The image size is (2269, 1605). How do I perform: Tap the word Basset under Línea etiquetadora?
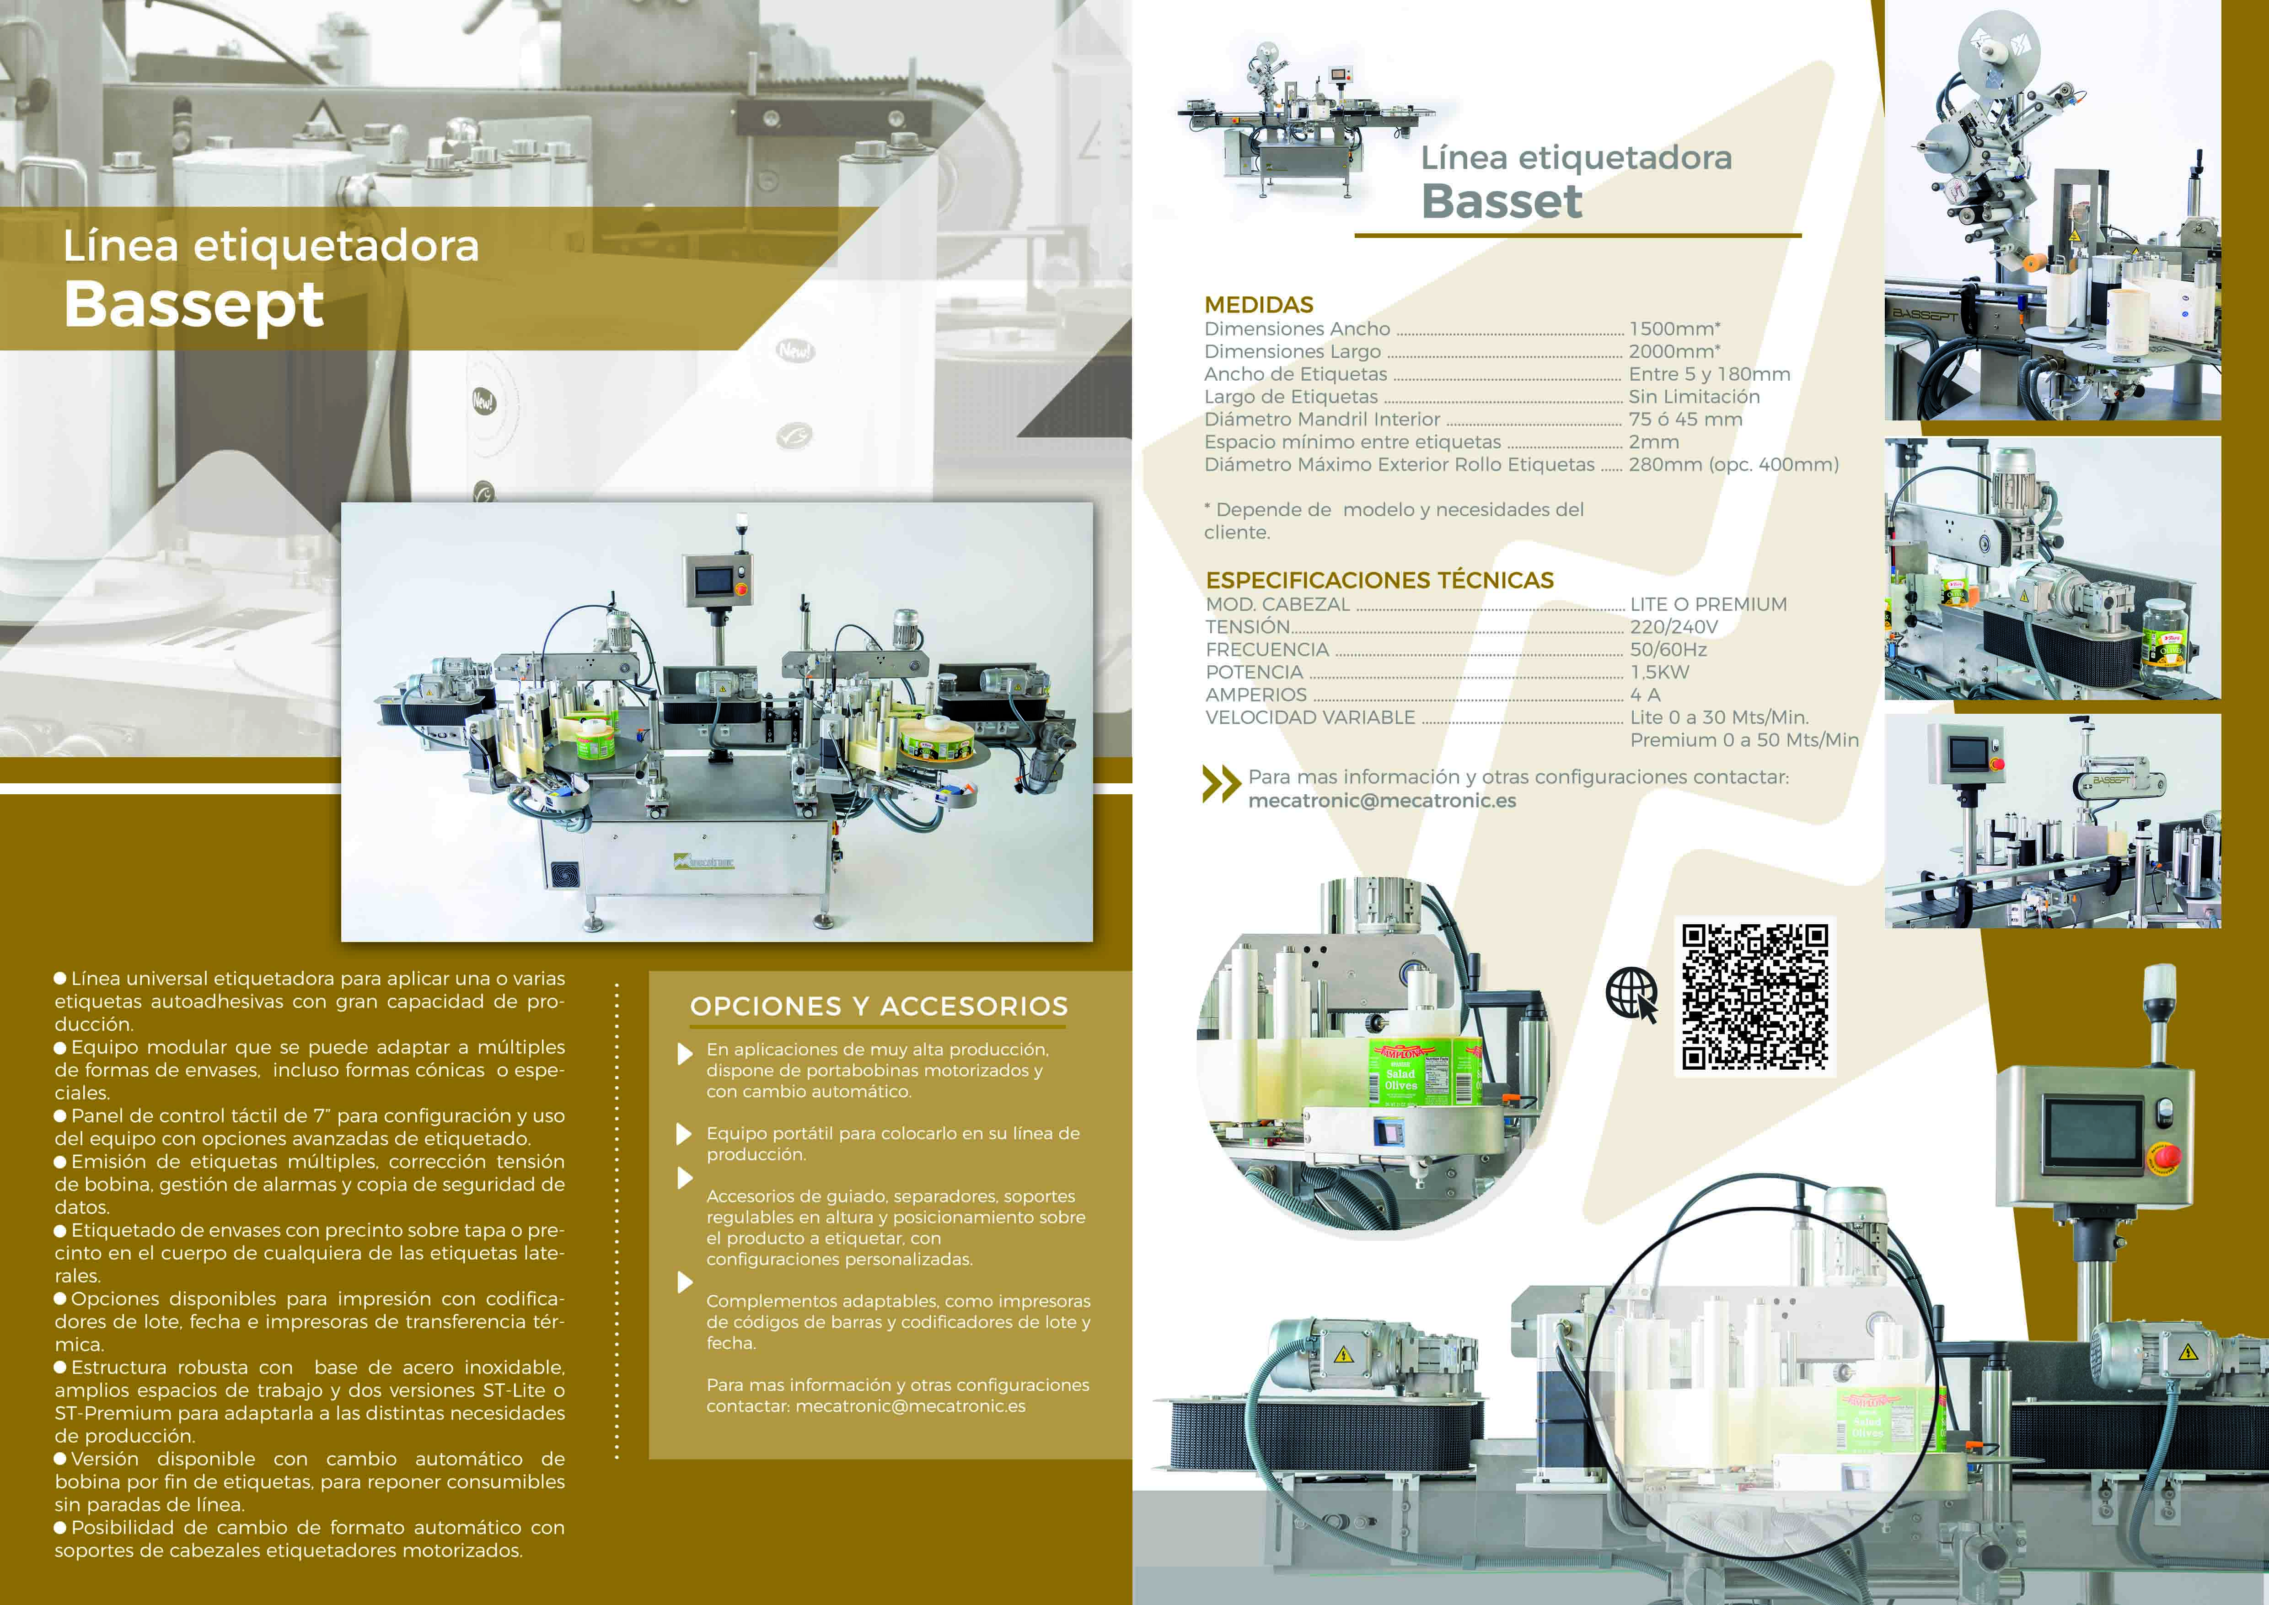tap(1501, 202)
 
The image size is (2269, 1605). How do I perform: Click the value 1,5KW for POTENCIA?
tap(1660, 672)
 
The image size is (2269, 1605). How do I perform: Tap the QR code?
tap(1755, 996)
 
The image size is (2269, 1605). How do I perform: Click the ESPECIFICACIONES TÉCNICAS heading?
tap(1379, 580)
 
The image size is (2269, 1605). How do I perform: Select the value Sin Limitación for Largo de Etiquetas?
tap(1694, 396)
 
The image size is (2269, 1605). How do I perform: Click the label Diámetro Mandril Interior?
tap(1322, 419)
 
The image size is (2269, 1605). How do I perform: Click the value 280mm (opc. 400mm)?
tap(1733, 464)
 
